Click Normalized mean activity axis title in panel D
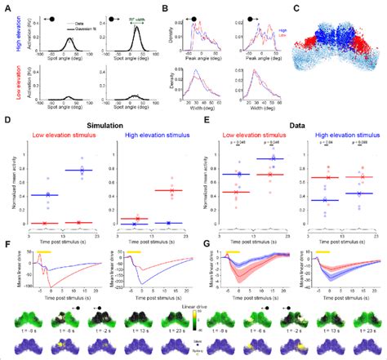tap(8, 181)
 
